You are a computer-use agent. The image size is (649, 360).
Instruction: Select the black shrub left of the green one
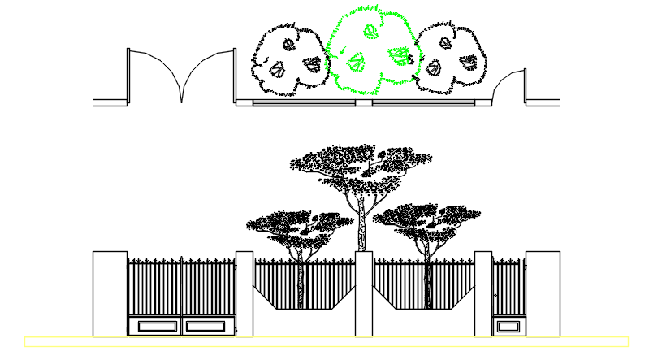click(288, 58)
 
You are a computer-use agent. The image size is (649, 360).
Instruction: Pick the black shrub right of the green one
click(452, 57)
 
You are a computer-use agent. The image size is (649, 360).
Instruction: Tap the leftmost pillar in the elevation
click(110, 293)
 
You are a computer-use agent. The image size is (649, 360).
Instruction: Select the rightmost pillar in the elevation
click(543, 293)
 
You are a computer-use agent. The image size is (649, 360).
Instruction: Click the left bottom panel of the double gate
click(155, 326)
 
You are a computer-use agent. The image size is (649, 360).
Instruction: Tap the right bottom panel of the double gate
click(205, 326)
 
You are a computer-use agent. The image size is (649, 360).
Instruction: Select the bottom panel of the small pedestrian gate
click(508, 326)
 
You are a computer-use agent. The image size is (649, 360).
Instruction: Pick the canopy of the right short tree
click(426, 219)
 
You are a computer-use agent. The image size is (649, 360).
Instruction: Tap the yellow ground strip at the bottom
click(325, 341)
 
